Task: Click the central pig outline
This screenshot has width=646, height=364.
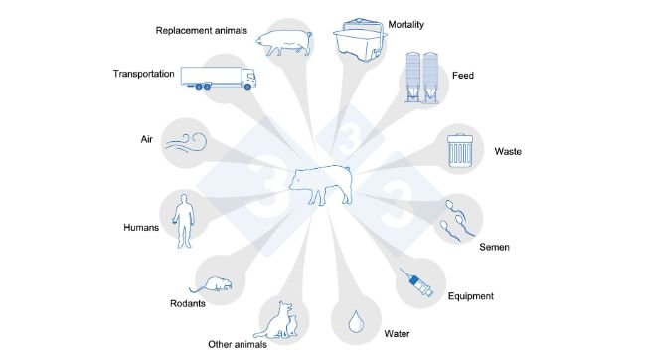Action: (x=321, y=183)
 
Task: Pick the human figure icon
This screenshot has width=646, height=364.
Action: (x=180, y=222)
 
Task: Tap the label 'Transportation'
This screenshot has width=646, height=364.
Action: (x=143, y=74)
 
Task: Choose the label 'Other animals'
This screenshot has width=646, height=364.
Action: (x=236, y=345)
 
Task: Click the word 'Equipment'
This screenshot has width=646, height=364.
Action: (x=471, y=295)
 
